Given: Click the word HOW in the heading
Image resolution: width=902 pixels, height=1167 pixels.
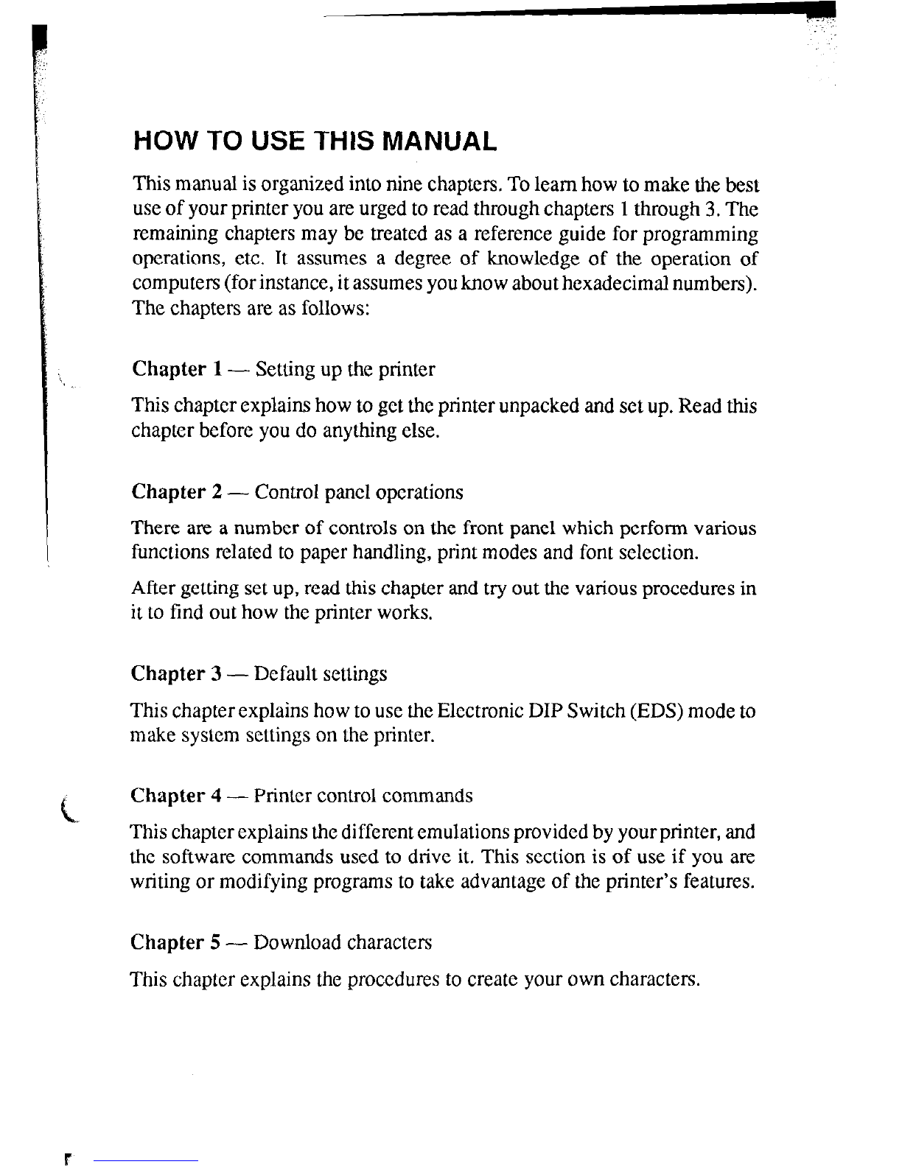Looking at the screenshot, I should (x=158, y=141).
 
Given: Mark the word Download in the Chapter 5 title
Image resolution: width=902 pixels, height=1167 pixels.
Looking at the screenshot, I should (x=298, y=942).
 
